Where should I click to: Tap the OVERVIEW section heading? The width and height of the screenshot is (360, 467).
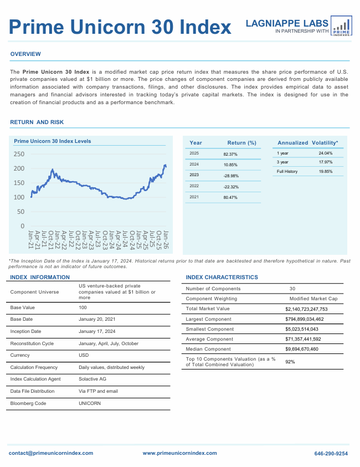pyautogui.click(x=25, y=54)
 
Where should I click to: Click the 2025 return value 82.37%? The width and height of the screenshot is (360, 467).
pyautogui.click(x=230, y=154)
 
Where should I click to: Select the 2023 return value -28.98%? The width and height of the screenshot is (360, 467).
pyautogui.click(x=230, y=176)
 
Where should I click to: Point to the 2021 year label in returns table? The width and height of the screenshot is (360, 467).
pyautogui.click(x=194, y=197)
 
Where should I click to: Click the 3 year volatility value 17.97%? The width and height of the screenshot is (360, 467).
pyautogui.click(x=326, y=162)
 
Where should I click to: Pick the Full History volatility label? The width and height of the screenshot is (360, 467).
pyautogui.click(x=287, y=172)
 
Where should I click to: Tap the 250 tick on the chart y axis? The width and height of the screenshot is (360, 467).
pyautogui.click(x=19, y=154)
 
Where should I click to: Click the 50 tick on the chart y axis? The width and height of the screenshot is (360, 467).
pyautogui.click(x=20, y=212)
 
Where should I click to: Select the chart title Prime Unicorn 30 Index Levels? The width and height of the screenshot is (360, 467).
pyautogui.click(x=52, y=142)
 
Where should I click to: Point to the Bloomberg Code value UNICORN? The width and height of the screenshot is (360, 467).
pyautogui.click(x=90, y=404)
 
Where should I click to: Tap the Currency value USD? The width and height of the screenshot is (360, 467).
pyautogui.click(x=84, y=355)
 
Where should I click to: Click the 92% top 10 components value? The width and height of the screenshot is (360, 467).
pyautogui.click(x=290, y=362)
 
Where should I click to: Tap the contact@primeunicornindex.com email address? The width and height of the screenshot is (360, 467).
pyautogui.click(x=51, y=453)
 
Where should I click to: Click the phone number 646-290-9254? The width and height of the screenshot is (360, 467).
pyautogui.click(x=331, y=453)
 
